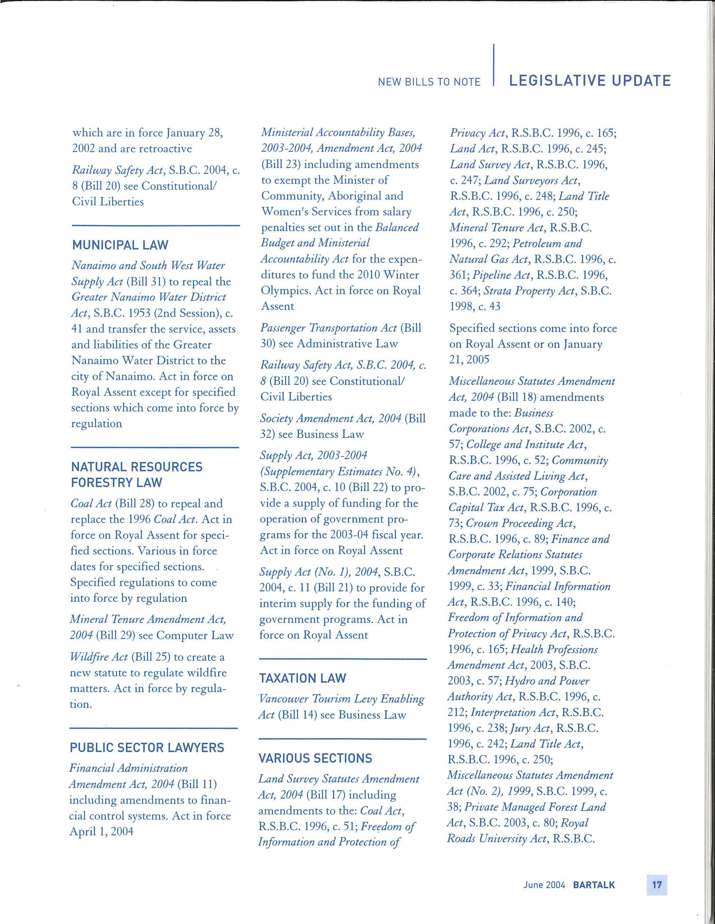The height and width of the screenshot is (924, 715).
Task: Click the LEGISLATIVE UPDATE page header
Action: click(590, 80)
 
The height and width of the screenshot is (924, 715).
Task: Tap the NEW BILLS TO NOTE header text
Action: click(429, 82)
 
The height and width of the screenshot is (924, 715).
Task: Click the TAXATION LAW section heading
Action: click(303, 678)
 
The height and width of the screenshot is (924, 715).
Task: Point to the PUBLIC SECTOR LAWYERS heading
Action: click(147, 748)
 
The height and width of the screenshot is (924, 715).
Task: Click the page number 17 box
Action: click(657, 884)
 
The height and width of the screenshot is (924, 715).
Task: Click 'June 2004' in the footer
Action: click(544, 885)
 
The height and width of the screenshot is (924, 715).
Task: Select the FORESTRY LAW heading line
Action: click(116, 482)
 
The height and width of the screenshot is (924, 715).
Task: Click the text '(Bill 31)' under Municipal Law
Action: click(146, 281)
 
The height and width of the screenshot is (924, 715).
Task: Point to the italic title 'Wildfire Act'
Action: click(99, 657)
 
